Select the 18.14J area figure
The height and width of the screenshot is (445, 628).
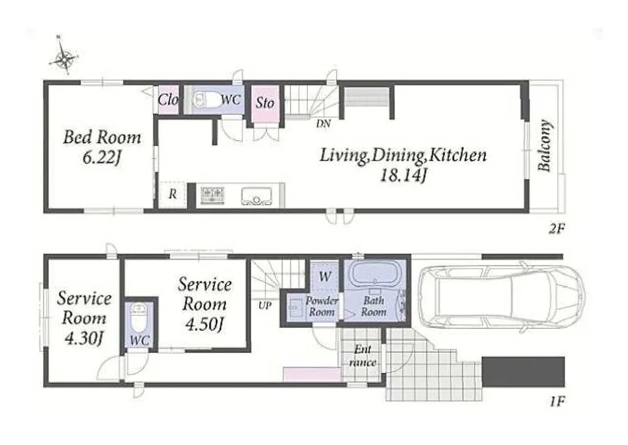click(403, 175)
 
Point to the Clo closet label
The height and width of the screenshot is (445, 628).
click(168, 99)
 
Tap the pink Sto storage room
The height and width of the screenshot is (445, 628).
click(265, 104)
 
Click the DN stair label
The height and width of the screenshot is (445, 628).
click(323, 124)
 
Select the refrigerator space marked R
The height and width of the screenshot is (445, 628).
click(172, 195)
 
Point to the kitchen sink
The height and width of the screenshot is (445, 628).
click(256, 196)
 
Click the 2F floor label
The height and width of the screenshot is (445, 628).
click(556, 229)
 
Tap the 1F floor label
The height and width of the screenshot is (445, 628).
click(556, 402)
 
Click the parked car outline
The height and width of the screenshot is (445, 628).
click(501, 297)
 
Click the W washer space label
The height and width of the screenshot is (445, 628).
click(324, 276)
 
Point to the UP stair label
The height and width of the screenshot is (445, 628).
click(265, 306)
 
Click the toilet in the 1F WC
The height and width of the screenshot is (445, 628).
click(139, 319)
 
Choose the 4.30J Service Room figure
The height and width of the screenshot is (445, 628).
click(84, 339)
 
